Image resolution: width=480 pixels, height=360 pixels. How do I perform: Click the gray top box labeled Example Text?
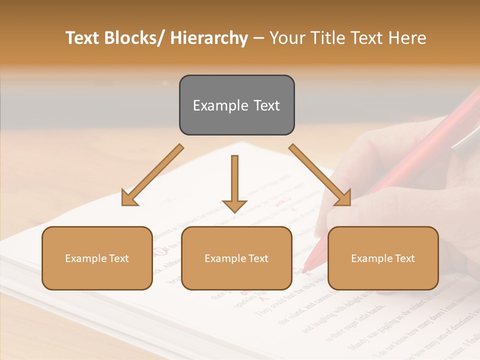(x=236, y=105)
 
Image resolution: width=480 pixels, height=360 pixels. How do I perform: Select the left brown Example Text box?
(x=97, y=258)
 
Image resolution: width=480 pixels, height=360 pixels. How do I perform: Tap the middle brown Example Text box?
(x=236, y=258)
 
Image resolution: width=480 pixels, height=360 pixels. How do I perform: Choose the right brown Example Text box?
(x=383, y=258)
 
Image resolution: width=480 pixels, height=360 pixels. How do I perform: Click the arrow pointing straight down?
(x=234, y=183)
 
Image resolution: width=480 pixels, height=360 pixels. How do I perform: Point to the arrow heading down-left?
(x=152, y=175)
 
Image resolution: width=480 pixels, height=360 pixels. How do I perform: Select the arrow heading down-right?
(x=320, y=175)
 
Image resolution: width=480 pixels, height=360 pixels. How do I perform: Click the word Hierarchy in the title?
(x=209, y=38)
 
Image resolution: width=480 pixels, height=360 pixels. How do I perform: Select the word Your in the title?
(x=287, y=38)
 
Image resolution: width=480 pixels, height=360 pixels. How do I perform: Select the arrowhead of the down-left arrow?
(x=129, y=198)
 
